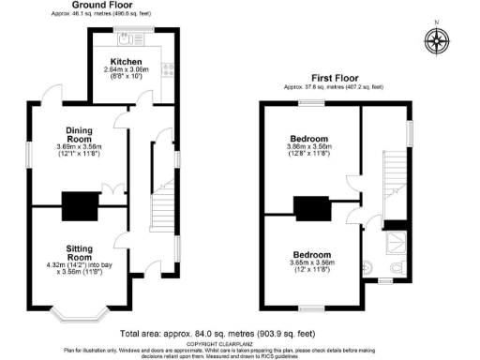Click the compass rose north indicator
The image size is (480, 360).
(436, 40)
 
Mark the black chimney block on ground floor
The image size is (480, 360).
(75, 202)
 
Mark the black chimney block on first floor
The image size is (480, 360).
(308, 207)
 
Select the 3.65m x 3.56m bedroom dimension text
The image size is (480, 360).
(310, 264)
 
